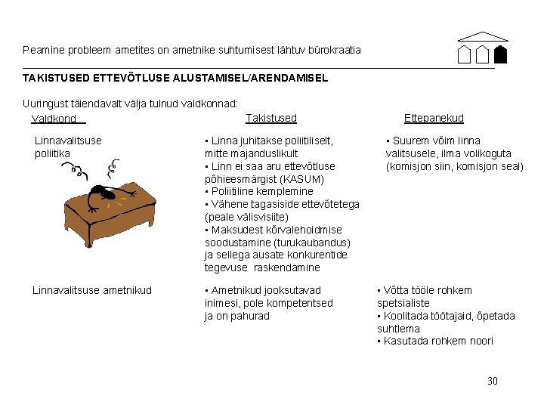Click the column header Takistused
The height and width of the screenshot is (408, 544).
[271, 118]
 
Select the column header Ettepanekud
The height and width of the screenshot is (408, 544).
[434, 118]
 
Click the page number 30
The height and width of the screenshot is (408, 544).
[493, 381]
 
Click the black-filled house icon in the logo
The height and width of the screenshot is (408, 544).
[499, 54]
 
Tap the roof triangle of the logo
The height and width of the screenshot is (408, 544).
[484, 36]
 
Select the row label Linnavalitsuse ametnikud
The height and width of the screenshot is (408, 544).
[92, 290]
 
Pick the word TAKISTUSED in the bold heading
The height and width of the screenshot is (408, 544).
[57, 78]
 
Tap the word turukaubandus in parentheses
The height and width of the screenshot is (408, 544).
[314, 243]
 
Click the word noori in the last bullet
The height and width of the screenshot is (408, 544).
[481, 341]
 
